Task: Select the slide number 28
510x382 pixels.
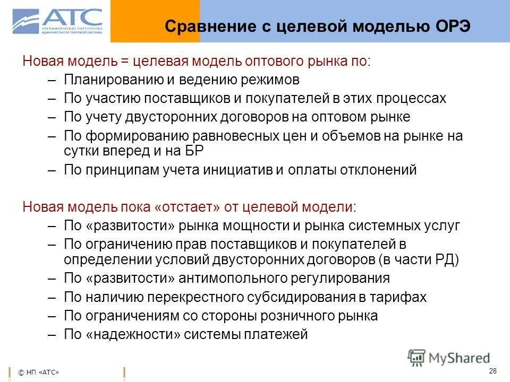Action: click(x=492, y=370)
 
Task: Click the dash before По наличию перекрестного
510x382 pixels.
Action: click(x=52, y=297)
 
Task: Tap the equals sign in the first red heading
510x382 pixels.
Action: click(x=125, y=61)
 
